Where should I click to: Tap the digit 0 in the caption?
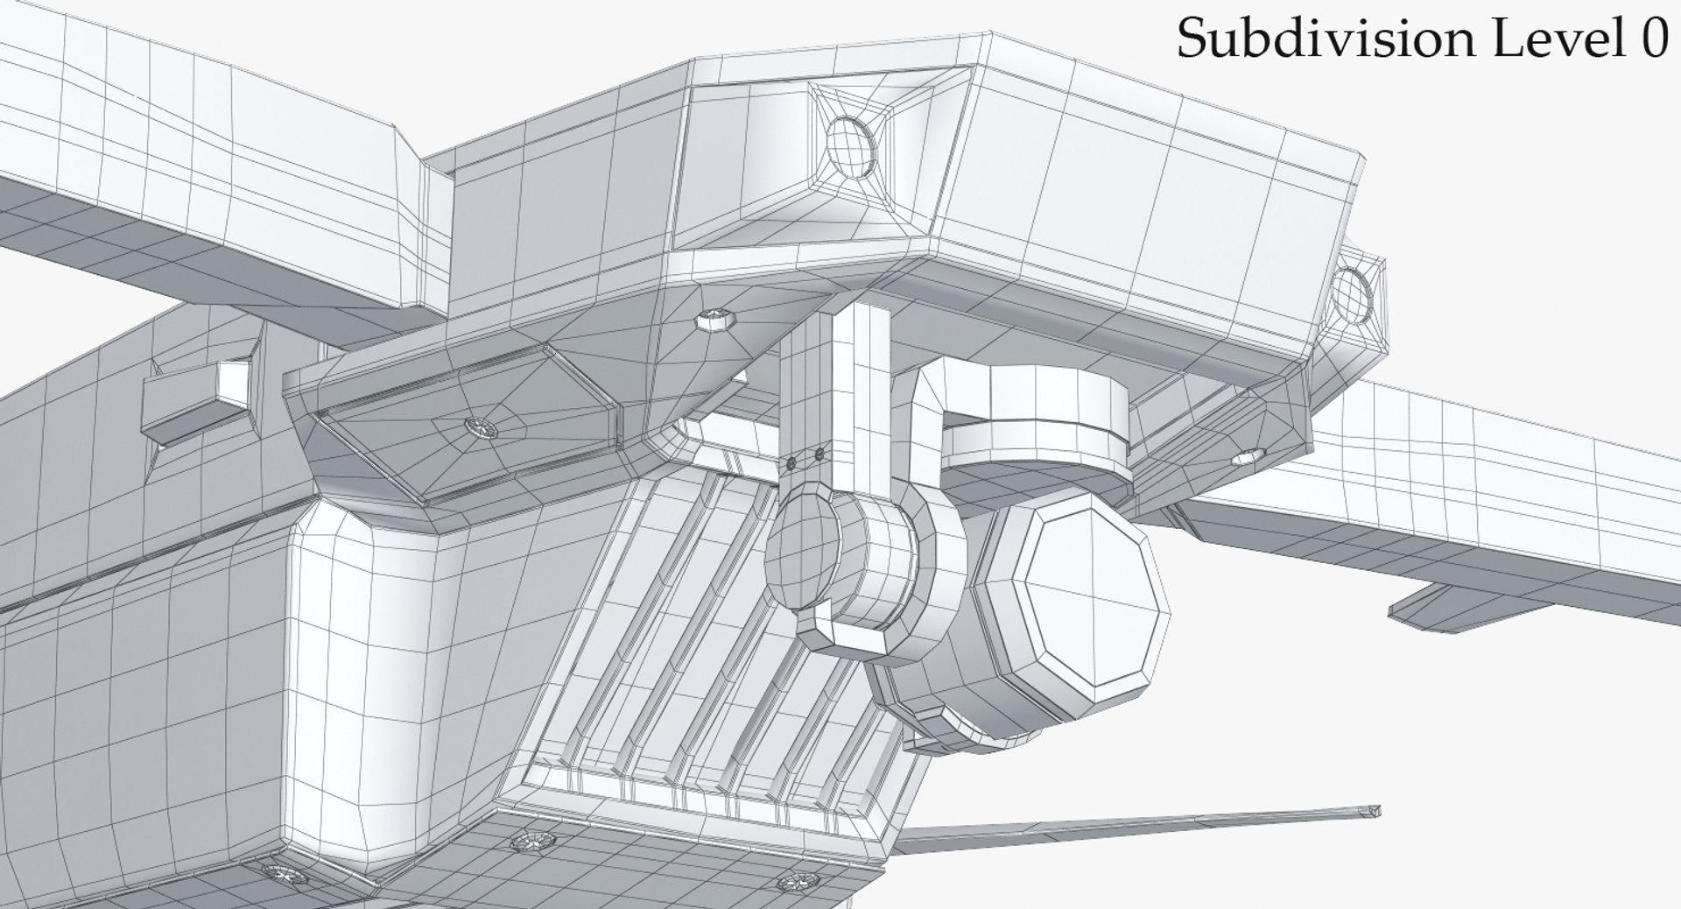click(1650, 39)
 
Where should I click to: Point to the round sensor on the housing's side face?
click(1354, 295)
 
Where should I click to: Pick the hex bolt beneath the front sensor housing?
click(715, 318)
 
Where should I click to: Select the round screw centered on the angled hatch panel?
click(481, 427)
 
